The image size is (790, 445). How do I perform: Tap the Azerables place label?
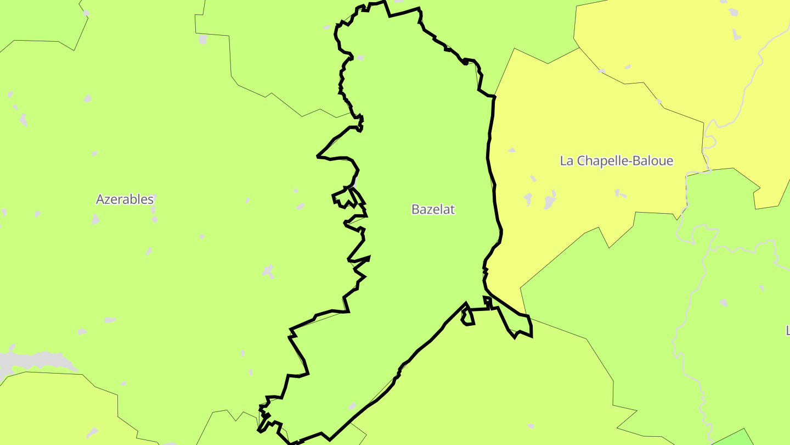click(125, 199)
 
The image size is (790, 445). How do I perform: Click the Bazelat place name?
click(433, 209)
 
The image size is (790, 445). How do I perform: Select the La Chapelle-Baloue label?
click(616, 161)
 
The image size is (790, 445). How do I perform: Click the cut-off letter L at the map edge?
click(787, 330)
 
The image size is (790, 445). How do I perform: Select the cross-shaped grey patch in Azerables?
click(268, 270)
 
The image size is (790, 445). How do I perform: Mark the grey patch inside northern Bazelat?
click(360, 57)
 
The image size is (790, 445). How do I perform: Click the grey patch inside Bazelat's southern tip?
click(352, 406)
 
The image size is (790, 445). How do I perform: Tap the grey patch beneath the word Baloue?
click(620, 193)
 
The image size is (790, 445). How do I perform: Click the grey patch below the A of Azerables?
click(95, 219)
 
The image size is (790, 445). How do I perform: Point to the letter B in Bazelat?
click(415, 209)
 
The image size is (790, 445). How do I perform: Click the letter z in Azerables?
click(107, 199)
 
